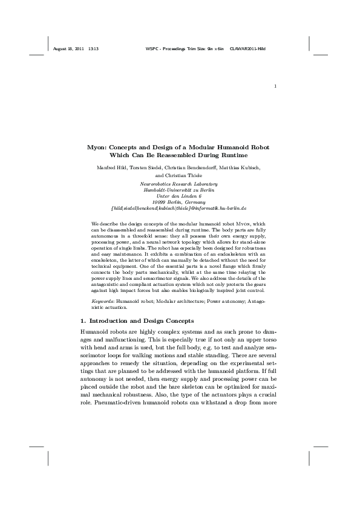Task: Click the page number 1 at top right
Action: pyautogui.click(x=275, y=86)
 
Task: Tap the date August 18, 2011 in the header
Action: pyautogui.click(x=69, y=47)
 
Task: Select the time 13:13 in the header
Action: pyautogui.click(x=93, y=47)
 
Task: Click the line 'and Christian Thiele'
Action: pyautogui.click(x=180, y=175)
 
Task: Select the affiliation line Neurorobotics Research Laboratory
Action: pyautogui.click(x=178, y=183)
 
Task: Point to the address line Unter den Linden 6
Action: pyautogui.click(x=178, y=196)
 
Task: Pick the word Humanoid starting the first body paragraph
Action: pyautogui.click(x=96, y=332)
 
